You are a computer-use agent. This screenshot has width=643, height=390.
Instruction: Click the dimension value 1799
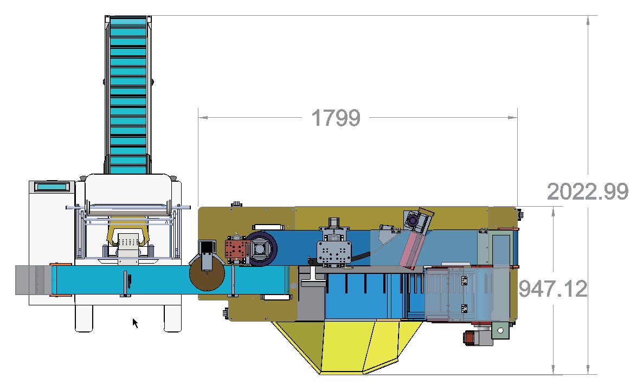coord(336,118)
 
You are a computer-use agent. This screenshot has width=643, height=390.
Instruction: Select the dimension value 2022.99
coord(588,191)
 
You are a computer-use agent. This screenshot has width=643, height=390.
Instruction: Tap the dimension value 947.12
coord(553,289)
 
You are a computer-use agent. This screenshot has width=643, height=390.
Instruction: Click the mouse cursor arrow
coord(136,323)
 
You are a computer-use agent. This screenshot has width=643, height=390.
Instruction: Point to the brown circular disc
coord(207,273)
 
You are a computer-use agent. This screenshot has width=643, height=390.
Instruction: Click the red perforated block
coord(236,250)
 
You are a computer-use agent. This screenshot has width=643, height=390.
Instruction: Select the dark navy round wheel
coord(261,248)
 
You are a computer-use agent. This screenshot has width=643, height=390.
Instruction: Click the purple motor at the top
coord(413,221)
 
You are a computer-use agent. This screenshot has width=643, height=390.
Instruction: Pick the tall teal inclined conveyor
coord(128,94)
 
